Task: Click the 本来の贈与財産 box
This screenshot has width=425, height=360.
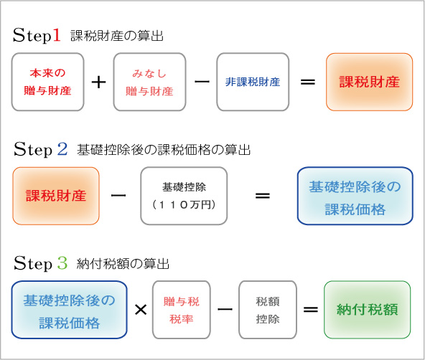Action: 48,82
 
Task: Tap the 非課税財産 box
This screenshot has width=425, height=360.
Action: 252,82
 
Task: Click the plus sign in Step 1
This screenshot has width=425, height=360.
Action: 98,82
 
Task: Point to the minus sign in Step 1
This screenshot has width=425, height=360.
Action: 201,82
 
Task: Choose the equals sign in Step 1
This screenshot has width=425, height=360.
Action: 307,82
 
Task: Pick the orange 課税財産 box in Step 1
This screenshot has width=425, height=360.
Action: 369,82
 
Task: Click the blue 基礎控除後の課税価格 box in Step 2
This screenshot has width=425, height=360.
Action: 355,197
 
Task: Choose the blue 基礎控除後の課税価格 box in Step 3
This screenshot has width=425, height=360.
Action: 70,310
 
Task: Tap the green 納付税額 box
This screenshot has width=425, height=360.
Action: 366,310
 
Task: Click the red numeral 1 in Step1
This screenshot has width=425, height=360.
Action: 57,34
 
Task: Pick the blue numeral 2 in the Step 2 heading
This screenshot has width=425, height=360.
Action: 62,149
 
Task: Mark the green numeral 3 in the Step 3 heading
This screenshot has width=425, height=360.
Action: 62,263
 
